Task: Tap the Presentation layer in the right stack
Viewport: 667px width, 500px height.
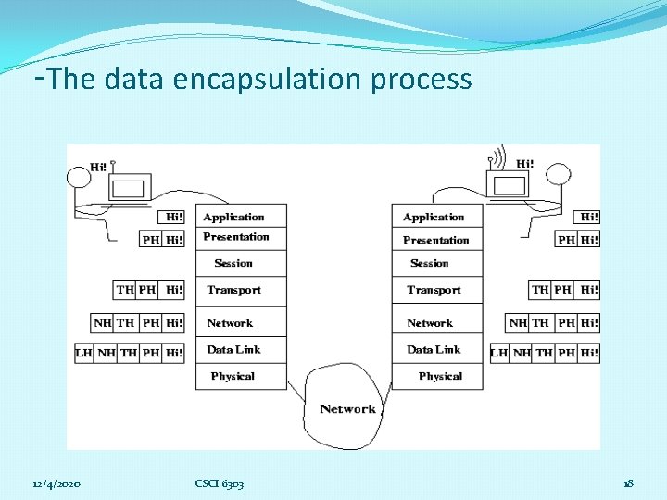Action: pyautogui.click(x=435, y=240)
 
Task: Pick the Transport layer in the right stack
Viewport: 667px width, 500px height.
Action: pyautogui.click(x=434, y=290)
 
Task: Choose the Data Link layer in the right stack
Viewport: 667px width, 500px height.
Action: pyautogui.click(x=434, y=350)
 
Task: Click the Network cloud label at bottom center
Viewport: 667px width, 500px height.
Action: pyautogui.click(x=347, y=408)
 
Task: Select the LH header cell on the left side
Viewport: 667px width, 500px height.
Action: pyautogui.click(x=84, y=353)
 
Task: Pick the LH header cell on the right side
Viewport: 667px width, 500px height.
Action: pyautogui.click(x=499, y=353)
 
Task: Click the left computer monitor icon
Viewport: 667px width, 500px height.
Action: pyautogui.click(x=129, y=189)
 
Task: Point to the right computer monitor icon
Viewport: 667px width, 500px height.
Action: pyautogui.click(x=510, y=184)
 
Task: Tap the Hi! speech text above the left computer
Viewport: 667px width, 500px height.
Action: pyautogui.click(x=98, y=168)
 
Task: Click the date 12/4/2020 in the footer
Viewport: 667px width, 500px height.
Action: pyautogui.click(x=57, y=484)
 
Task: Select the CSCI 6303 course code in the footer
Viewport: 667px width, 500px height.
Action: pyautogui.click(x=220, y=484)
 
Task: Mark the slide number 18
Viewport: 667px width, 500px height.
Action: pyautogui.click(x=628, y=484)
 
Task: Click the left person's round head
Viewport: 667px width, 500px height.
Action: pyautogui.click(x=78, y=176)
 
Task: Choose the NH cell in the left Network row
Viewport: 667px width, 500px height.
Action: pyautogui.click(x=103, y=323)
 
